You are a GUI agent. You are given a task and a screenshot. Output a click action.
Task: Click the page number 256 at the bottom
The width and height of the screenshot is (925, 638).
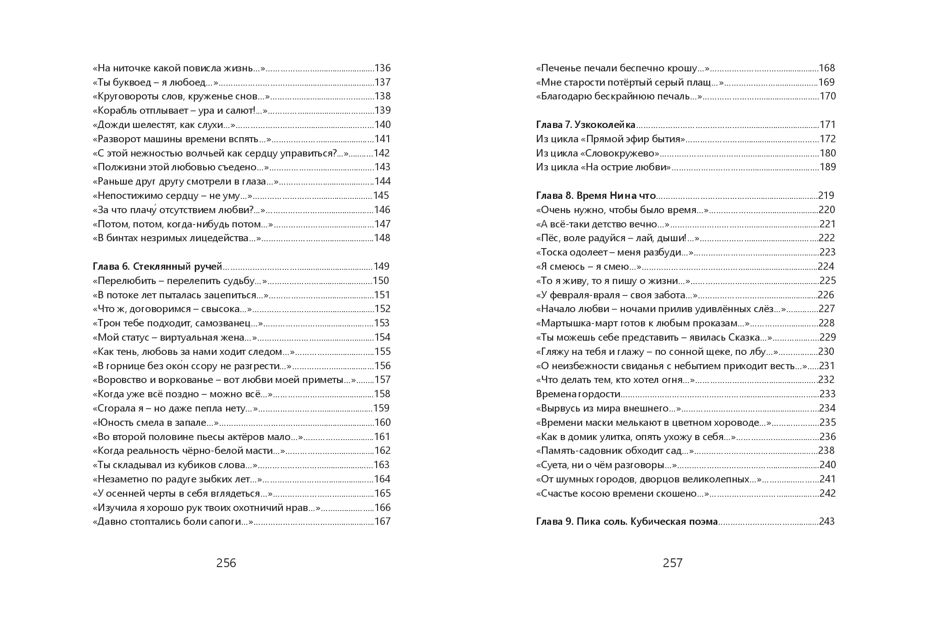pyautogui.click(x=226, y=563)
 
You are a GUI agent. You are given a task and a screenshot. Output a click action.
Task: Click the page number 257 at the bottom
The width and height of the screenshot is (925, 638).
pyautogui.click(x=673, y=563)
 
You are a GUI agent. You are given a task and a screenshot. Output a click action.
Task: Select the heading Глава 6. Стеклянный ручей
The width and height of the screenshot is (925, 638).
pyautogui.click(x=157, y=267)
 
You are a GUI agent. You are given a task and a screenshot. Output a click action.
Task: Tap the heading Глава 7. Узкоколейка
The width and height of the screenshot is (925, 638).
pyautogui.click(x=586, y=125)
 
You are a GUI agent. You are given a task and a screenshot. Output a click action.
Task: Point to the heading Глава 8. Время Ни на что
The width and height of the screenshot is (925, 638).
pyautogui.click(x=596, y=196)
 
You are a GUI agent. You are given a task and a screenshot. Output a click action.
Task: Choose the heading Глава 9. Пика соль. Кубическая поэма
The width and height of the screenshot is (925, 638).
pyautogui.click(x=627, y=522)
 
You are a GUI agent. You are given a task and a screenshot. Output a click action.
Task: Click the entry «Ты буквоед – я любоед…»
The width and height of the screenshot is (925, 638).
pyautogui.click(x=155, y=82)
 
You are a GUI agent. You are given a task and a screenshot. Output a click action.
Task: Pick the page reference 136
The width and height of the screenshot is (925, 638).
pyautogui.click(x=383, y=68)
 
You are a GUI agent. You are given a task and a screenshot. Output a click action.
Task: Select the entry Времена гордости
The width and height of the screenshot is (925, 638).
pyautogui.click(x=578, y=394)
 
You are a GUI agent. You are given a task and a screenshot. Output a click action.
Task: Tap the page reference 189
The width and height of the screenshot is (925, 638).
pyautogui.click(x=828, y=167)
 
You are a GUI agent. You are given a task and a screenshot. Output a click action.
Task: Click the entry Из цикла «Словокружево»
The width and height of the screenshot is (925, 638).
pyautogui.click(x=598, y=153)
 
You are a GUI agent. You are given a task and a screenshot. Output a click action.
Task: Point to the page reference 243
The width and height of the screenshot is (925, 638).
pyautogui.click(x=827, y=522)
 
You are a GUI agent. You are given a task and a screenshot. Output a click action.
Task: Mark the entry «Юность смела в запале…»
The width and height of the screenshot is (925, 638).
pyautogui.click(x=156, y=423)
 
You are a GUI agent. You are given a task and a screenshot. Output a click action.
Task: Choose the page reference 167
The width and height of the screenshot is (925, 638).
pyautogui.click(x=383, y=522)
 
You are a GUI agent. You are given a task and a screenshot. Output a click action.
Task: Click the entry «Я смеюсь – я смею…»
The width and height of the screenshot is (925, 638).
pyautogui.click(x=589, y=267)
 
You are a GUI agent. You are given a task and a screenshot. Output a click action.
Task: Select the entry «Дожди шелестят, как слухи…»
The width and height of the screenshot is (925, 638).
pyautogui.click(x=164, y=125)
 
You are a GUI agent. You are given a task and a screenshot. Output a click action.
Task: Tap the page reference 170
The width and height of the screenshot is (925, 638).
pyautogui.click(x=828, y=96)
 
